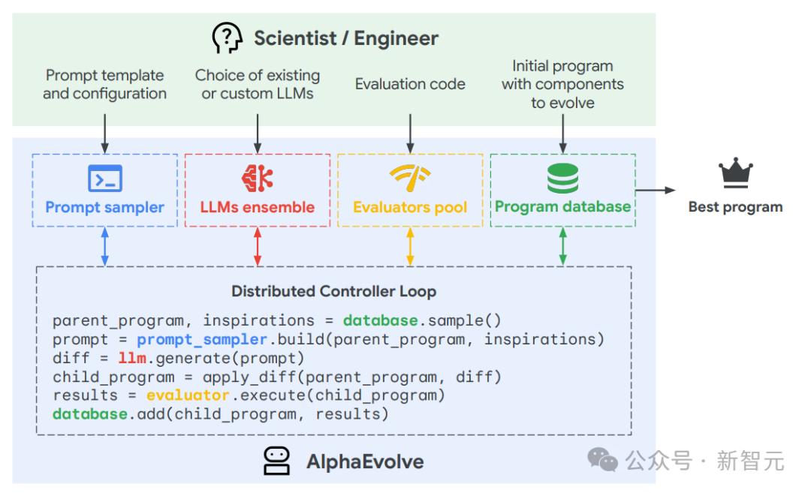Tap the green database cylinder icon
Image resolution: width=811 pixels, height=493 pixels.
click(x=562, y=178)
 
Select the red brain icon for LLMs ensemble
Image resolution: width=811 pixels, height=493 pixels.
click(x=257, y=178)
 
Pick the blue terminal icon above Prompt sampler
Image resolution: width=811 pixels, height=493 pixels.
click(x=104, y=179)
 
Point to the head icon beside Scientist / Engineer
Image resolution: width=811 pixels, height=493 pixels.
click(x=228, y=37)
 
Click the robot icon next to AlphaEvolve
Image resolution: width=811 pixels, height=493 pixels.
click(x=276, y=460)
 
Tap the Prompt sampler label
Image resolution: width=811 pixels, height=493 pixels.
click(x=104, y=207)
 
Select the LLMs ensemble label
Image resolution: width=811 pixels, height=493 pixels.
click(x=257, y=207)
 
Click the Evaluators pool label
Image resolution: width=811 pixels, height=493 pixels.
click(x=410, y=207)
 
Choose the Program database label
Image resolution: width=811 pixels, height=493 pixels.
click(x=562, y=206)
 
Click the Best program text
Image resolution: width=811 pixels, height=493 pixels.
click(x=735, y=207)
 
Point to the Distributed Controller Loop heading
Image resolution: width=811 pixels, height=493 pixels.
click(x=333, y=291)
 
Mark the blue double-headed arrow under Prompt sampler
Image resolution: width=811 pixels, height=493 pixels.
click(x=104, y=246)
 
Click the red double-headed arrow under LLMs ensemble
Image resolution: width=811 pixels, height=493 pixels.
click(x=257, y=246)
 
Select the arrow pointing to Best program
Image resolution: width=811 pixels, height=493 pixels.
click(x=655, y=191)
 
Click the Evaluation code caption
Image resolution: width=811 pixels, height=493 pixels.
click(x=410, y=84)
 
